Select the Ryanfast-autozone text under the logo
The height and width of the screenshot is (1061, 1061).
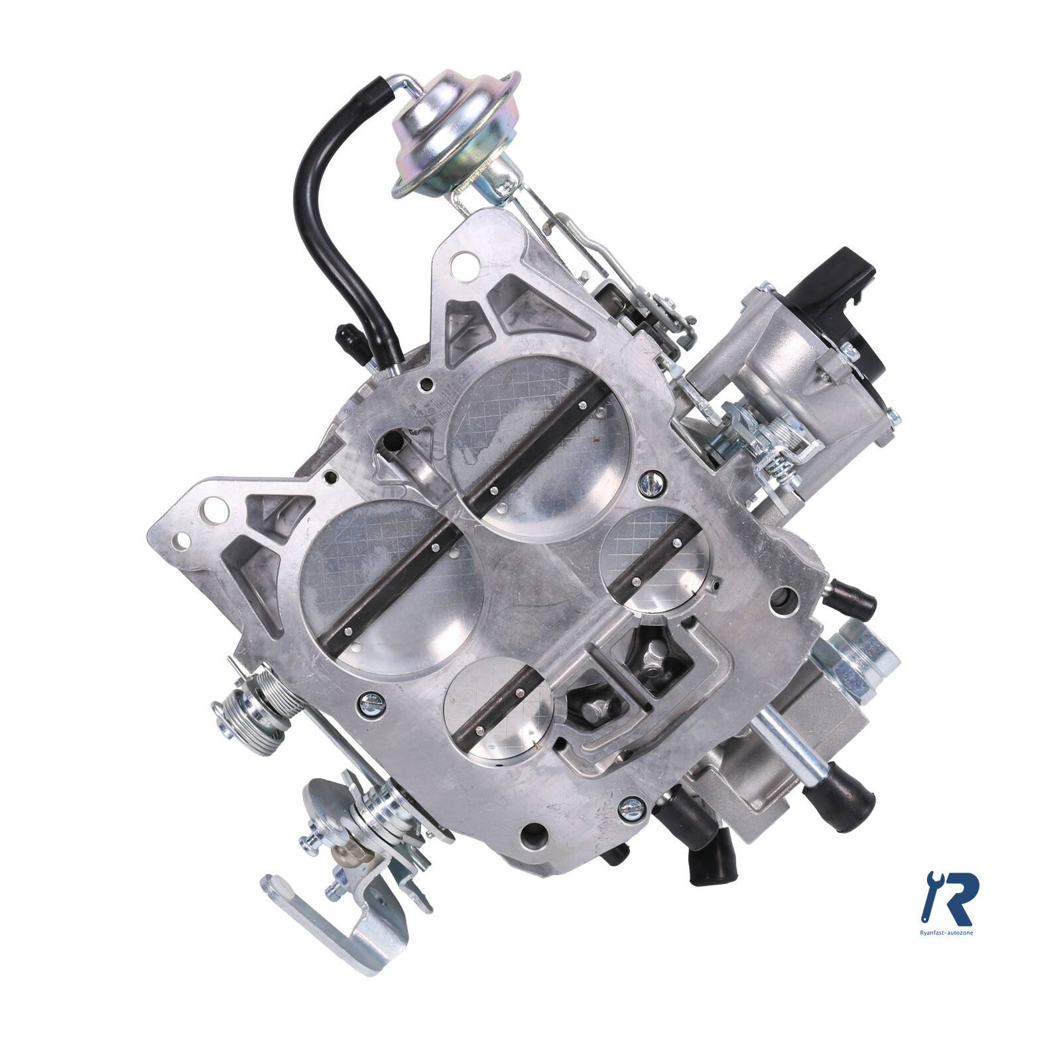948,932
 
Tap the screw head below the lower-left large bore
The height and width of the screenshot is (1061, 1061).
370,704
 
